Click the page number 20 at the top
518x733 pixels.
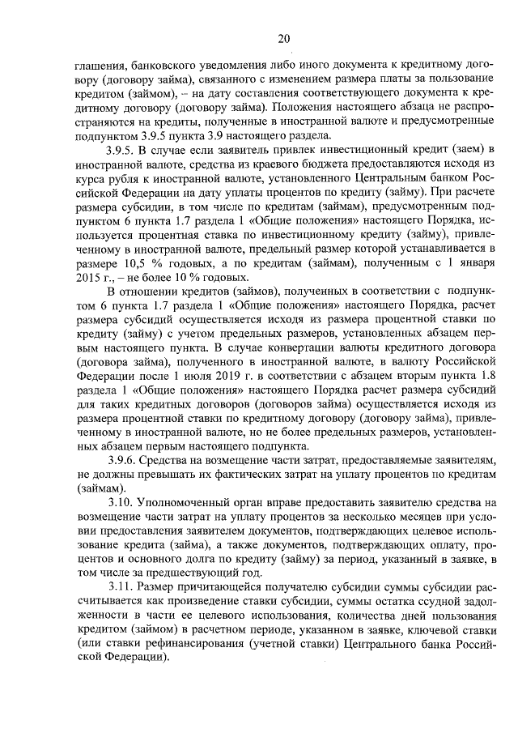coord(282,38)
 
